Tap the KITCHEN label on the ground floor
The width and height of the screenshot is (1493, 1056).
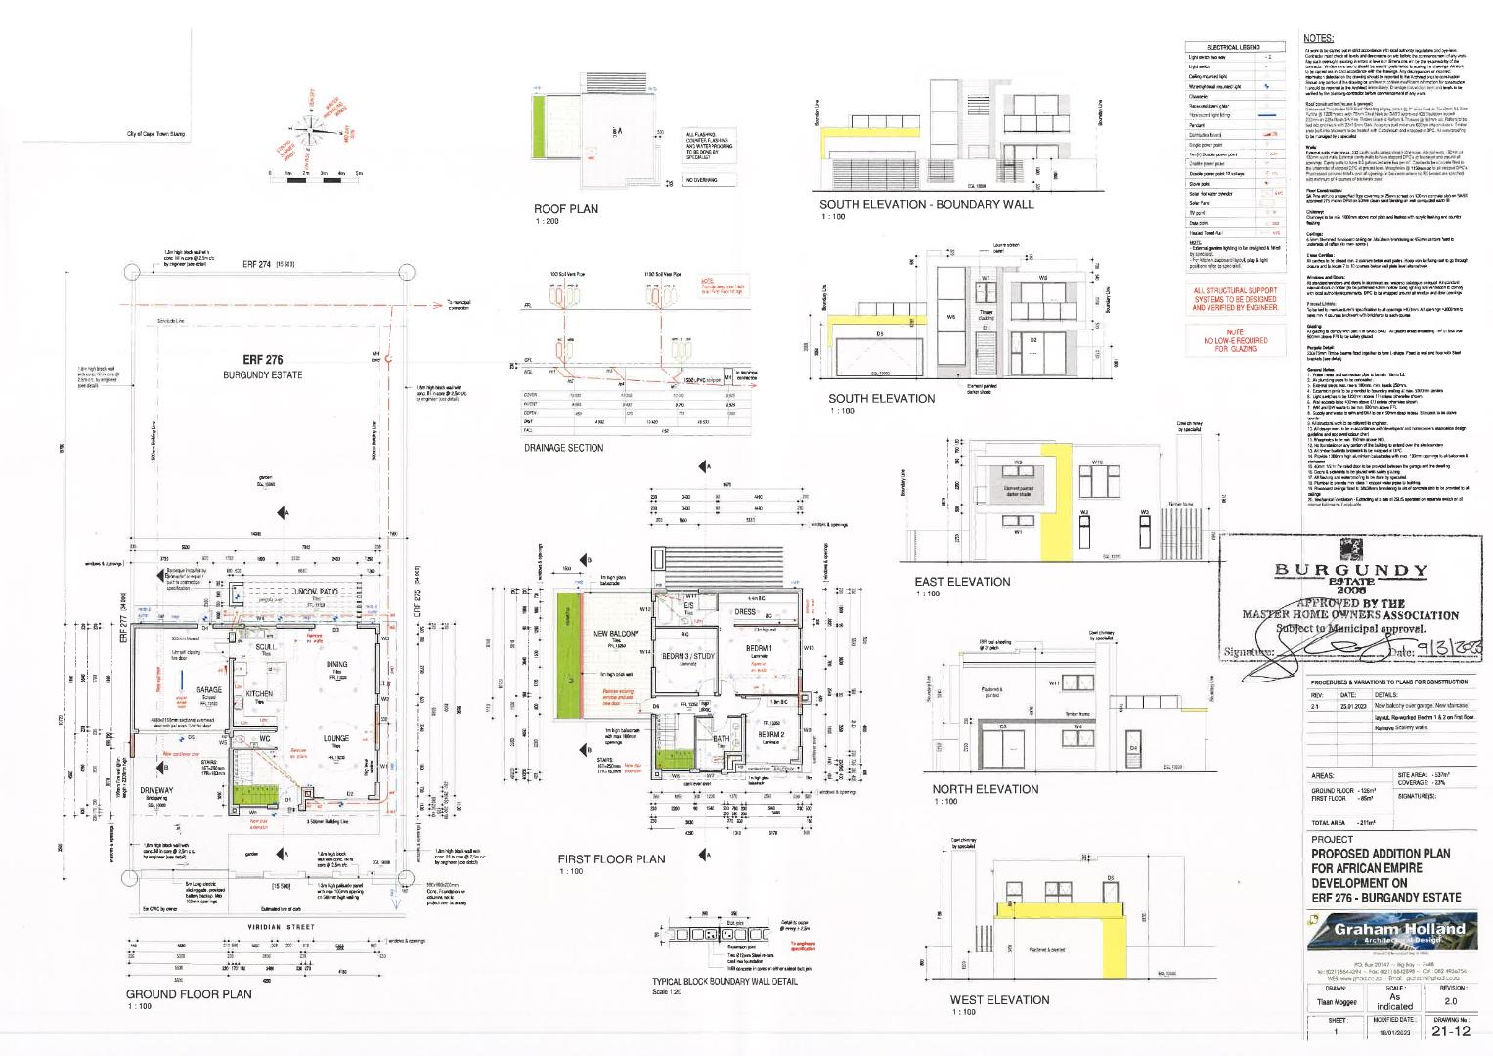click(x=259, y=693)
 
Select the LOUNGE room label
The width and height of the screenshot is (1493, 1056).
click(x=337, y=739)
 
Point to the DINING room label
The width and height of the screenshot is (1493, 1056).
click(x=336, y=664)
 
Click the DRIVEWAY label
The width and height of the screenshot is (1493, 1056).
click(x=156, y=790)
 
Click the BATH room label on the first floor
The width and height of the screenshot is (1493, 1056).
click(x=722, y=739)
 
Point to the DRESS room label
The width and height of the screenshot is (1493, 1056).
click(x=745, y=612)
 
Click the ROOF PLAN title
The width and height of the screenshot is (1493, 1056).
click(x=565, y=209)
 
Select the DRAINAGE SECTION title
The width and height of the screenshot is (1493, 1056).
click(x=564, y=448)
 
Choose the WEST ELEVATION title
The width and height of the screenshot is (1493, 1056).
click(x=999, y=999)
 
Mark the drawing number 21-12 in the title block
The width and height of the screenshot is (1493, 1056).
click(x=1450, y=1031)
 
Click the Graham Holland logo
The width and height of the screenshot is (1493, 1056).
click(x=1392, y=933)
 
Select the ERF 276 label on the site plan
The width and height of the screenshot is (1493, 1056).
click(x=263, y=359)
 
